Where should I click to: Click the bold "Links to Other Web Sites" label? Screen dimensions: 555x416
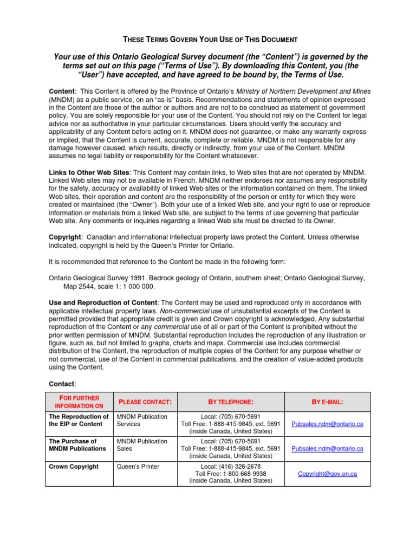tap(89, 172)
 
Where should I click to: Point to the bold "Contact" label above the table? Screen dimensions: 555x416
tap(62, 384)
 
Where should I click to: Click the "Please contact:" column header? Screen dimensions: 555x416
tap(145, 402)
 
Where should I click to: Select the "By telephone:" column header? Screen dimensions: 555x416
tap(231, 402)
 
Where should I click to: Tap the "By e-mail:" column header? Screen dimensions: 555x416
tap(327, 402)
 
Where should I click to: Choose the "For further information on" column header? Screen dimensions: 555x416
tap(79, 402)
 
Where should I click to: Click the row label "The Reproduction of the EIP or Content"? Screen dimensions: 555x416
tap(79, 420)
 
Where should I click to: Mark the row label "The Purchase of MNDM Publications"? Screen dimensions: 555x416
tap(77, 445)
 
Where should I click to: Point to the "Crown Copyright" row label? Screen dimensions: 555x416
tap(74, 466)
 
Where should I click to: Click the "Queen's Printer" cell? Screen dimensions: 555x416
tap(138, 466)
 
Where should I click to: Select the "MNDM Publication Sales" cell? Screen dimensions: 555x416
tap(142, 445)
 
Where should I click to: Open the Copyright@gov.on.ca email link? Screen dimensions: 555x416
tap(327, 474)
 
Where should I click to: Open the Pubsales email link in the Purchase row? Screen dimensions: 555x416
tap(327, 449)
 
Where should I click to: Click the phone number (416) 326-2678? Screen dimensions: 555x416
tap(230, 466)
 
